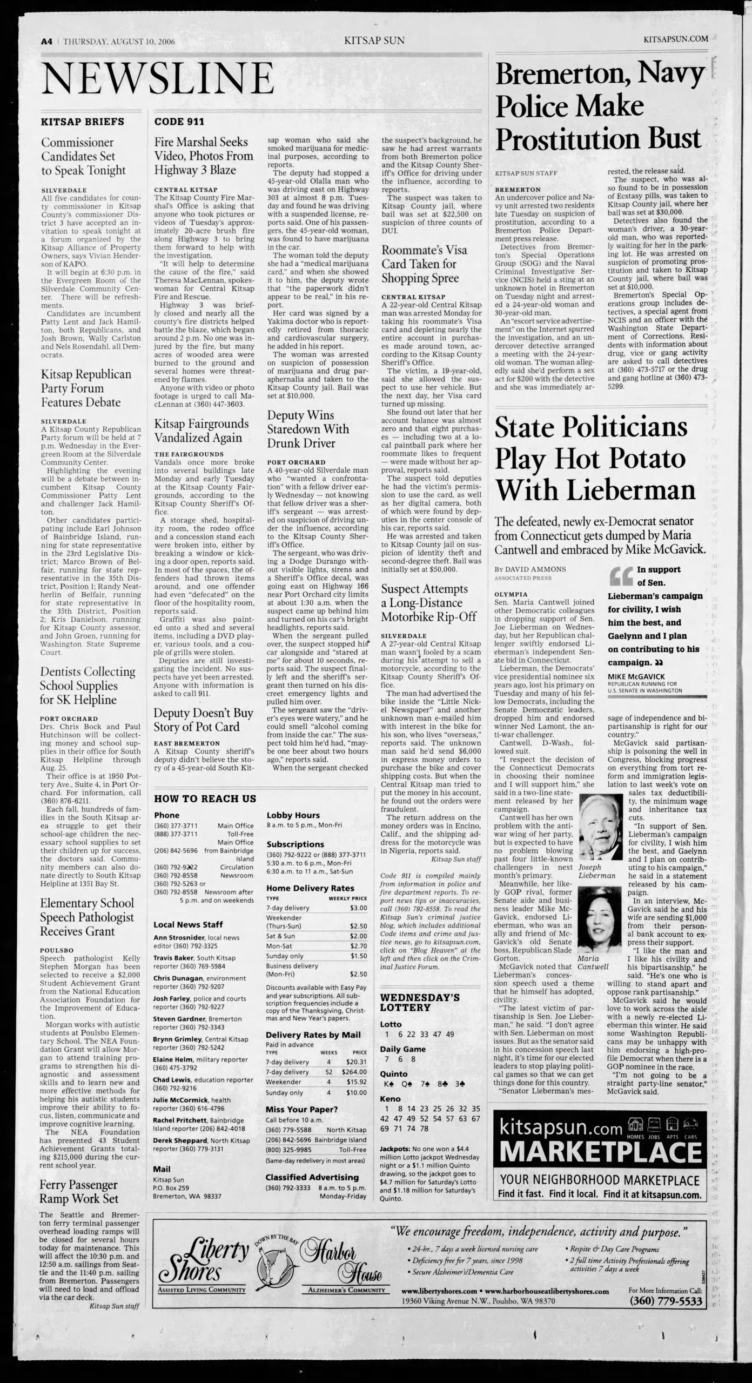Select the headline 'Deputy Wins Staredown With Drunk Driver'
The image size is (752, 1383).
point(308,429)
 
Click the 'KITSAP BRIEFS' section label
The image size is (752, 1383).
point(82,122)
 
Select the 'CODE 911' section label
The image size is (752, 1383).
point(179,122)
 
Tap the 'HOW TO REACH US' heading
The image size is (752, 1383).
point(205,798)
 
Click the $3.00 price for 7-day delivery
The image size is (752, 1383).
point(358,908)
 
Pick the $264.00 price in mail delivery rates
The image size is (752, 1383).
point(354,1072)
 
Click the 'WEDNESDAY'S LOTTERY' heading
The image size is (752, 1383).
point(420,1002)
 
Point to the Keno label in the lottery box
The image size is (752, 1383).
point(390,1099)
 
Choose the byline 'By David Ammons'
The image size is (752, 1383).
point(530,569)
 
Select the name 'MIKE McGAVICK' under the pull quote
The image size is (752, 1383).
point(636,676)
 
